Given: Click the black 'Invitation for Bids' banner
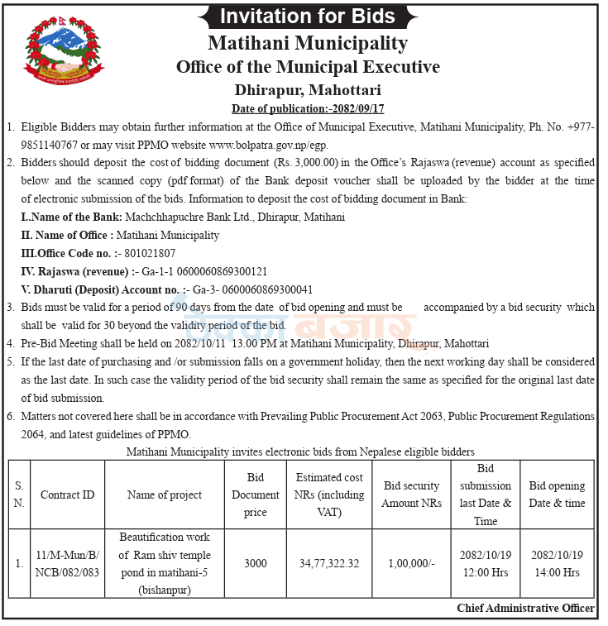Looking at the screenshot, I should pyautogui.click(x=308, y=16).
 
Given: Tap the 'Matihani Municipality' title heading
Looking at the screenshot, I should pyautogui.click(x=308, y=43).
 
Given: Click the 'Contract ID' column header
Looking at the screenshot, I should pyautogui.click(x=67, y=495).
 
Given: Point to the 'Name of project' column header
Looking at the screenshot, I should pyautogui.click(x=165, y=495).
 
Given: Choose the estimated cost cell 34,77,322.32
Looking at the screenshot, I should pyautogui.click(x=329, y=563).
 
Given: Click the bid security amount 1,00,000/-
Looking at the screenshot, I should pyautogui.click(x=411, y=563).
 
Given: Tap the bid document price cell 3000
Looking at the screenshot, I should pyautogui.click(x=256, y=563).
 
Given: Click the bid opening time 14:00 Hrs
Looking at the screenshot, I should pyautogui.click(x=557, y=571).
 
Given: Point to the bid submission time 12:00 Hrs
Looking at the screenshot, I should pyautogui.click(x=486, y=571).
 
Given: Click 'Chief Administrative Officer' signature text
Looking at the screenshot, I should pyautogui.click(x=525, y=608).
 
